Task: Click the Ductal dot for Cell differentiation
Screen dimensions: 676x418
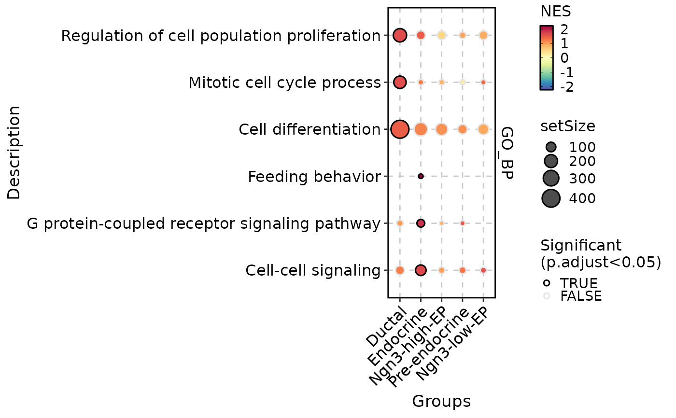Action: point(400,129)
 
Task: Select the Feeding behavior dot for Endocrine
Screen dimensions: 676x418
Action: point(421,176)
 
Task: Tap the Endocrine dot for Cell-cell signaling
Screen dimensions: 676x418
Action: point(421,270)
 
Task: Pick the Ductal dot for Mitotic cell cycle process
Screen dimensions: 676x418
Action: point(400,82)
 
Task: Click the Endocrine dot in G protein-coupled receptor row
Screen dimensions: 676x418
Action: point(421,223)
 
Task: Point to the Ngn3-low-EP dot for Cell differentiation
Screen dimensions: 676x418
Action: point(483,129)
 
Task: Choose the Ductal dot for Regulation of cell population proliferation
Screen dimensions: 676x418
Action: point(400,35)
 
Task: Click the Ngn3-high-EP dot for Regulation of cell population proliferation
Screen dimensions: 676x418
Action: point(441,35)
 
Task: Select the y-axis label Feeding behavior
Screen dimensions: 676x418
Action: point(314,177)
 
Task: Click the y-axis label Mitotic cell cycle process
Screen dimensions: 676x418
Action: point(284,83)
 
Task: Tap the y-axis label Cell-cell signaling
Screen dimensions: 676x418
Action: point(313,270)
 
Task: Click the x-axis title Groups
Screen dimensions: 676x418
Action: point(441,402)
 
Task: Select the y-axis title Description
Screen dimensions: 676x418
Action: point(14,153)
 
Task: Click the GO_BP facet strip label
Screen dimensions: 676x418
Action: point(507,153)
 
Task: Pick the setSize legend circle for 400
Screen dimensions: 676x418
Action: point(551,198)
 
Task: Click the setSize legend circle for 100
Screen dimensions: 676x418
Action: point(551,147)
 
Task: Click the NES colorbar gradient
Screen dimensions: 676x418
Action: point(547,58)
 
